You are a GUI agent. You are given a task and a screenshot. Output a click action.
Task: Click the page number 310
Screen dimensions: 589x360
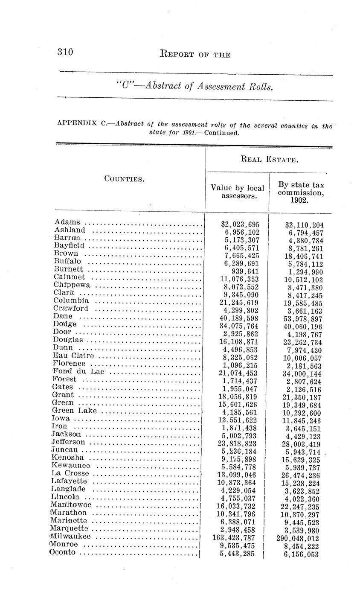tap(66, 52)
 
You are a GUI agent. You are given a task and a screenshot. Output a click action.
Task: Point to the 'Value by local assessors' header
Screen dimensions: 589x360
tap(238, 192)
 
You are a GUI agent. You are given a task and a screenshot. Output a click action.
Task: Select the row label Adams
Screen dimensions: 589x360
tap(67, 222)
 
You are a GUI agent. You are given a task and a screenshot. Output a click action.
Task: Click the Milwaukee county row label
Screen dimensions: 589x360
tap(71, 537)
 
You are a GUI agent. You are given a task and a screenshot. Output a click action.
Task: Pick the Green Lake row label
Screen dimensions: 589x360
tap(74, 411)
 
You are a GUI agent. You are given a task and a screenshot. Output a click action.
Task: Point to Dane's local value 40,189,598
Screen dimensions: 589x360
tap(238, 318)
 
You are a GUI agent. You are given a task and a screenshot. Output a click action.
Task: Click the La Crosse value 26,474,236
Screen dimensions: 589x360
tap(301, 476)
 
